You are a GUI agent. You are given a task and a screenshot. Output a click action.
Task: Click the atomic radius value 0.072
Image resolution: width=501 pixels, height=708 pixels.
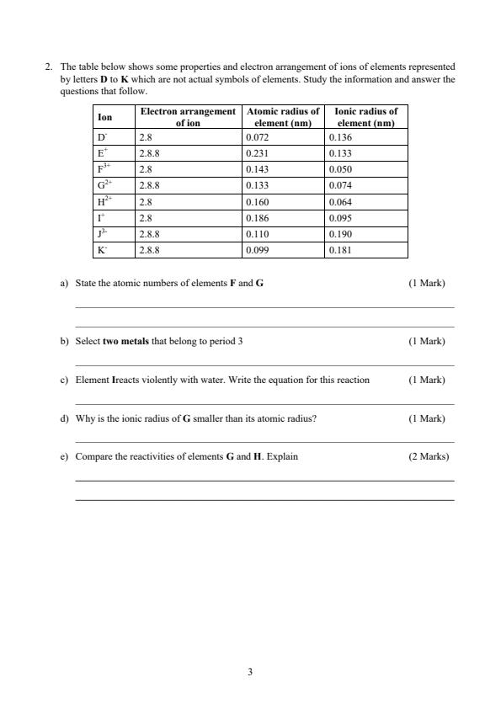coord(256,136)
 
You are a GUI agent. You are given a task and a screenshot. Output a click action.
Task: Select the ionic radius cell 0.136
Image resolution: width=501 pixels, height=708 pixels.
coord(340,136)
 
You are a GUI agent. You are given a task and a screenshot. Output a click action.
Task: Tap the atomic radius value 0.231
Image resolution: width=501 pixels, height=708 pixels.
coord(256,153)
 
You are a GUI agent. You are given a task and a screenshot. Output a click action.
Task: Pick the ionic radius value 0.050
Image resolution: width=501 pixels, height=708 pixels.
coord(340,169)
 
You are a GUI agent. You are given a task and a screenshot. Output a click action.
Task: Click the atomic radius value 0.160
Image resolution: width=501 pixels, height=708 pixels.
coord(256,202)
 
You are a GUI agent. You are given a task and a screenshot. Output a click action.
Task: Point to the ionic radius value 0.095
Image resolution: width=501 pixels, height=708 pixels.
coord(340,218)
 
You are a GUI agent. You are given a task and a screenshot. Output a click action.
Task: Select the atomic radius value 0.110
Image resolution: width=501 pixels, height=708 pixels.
coord(256,234)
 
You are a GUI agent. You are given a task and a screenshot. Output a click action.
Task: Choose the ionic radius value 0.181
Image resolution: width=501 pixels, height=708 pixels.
coord(340,250)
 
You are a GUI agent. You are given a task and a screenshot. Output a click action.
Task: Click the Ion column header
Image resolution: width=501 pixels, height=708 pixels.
coord(104,116)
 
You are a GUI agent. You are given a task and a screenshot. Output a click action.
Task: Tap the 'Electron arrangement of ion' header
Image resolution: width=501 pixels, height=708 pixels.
coord(188,116)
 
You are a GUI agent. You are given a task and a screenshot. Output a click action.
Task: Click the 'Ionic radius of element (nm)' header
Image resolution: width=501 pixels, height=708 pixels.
coord(365,116)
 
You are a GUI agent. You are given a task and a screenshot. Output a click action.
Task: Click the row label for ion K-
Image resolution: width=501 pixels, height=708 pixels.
coord(102,250)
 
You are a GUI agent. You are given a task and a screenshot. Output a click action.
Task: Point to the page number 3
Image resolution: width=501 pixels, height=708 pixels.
coord(250,672)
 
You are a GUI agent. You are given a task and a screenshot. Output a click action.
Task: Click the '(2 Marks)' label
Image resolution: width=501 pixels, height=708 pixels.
coord(429,457)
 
